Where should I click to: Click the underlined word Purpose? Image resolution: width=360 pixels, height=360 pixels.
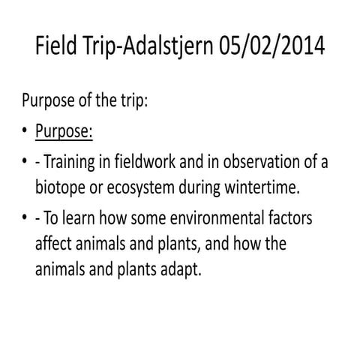[x=64, y=131]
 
